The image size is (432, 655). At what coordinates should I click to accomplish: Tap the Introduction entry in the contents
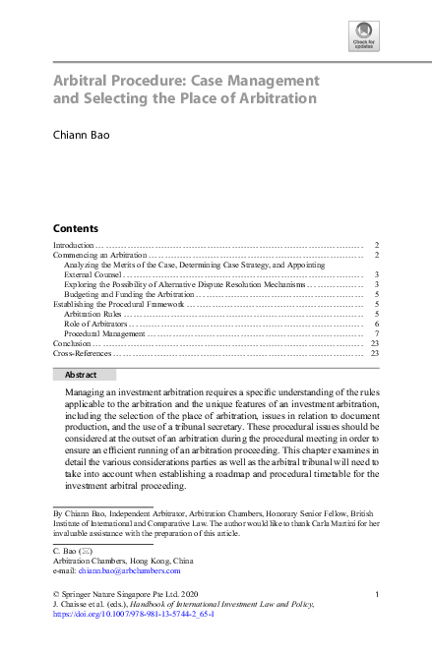pyautogui.click(x=73, y=244)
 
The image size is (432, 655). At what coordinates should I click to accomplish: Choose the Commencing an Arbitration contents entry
pyautogui.click(x=92, y=255)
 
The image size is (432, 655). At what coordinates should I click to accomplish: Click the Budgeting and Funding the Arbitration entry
pyautogui.click(x=129, y=294)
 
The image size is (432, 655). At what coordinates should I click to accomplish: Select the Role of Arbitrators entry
pyautogui.click(x=94, y=324)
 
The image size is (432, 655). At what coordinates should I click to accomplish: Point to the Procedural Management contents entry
pyautogui.click(x=102, y=334)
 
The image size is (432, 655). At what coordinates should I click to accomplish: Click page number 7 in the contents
pyautogui.click(x=377, y=334)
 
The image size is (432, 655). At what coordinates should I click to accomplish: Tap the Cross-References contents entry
pyautogui.click(x=82, y=353)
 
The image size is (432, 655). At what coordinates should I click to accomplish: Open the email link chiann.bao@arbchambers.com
pyautogui.click(x=117, y=569)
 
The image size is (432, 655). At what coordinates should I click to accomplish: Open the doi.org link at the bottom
pyautogui.click(x=133, y=614)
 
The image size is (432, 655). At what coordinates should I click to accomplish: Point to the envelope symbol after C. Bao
pyautogui.click(x=85, y=551)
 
